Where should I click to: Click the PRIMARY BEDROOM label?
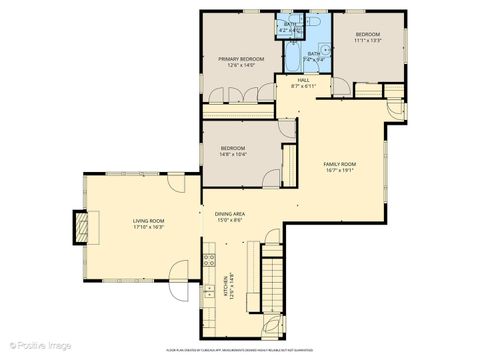[241, 59]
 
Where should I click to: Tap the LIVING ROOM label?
[150, 220]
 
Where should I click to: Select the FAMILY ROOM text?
[339, 163]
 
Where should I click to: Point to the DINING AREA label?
[230, 213]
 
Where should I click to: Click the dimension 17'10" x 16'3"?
[150, 227]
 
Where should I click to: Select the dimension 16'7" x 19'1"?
[339, 170]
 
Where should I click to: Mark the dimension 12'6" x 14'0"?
[241, 66]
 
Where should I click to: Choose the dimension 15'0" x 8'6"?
[230, 220]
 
